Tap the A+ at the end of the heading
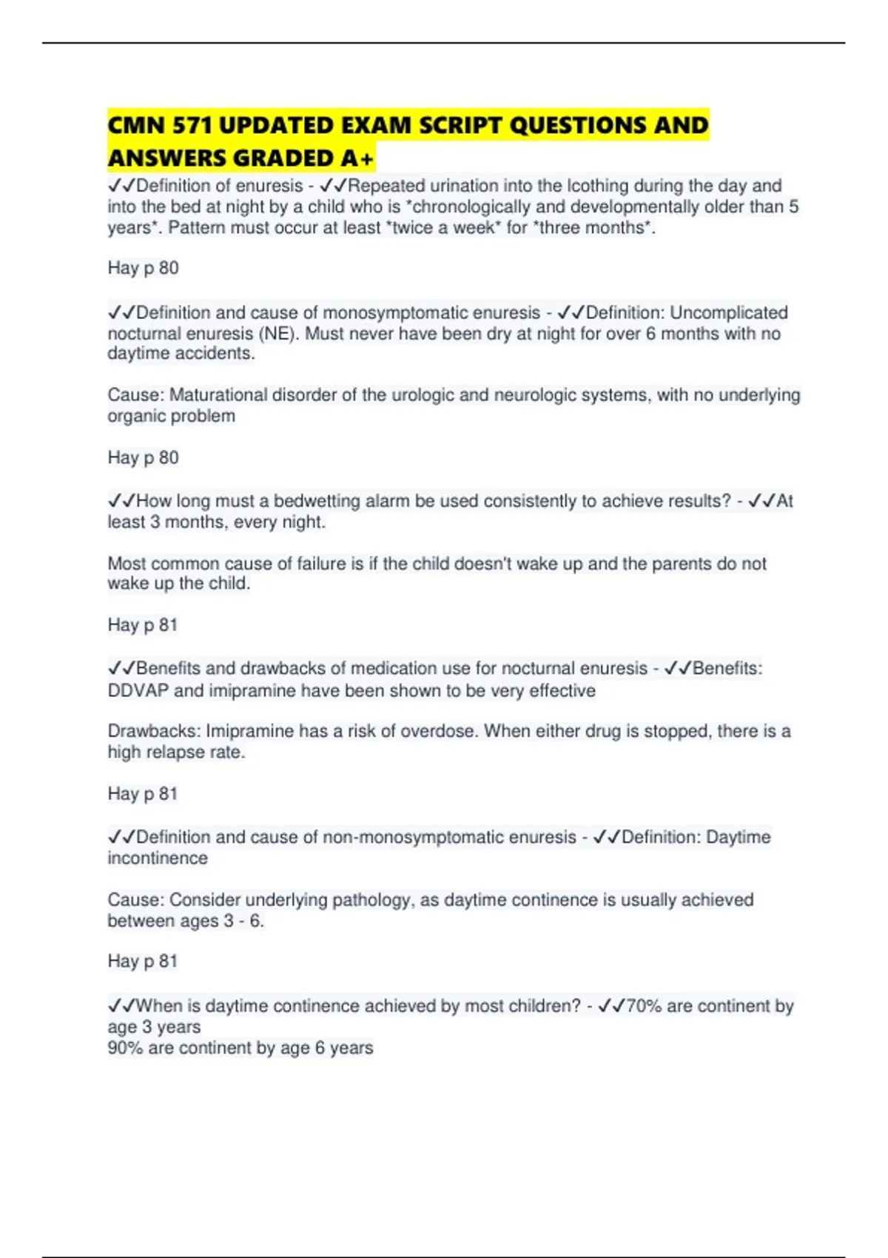click(358, 158)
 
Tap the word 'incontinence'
click(158, 858)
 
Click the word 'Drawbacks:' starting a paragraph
click(154, 731)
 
